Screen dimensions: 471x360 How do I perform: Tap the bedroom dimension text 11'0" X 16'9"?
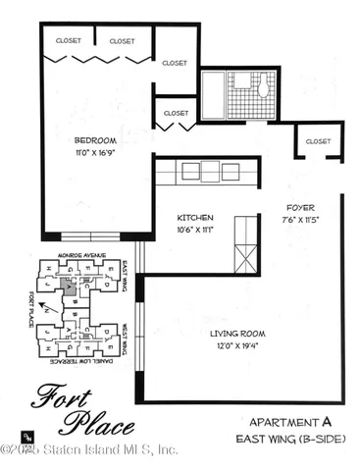94,152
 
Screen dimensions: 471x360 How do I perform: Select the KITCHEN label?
195,218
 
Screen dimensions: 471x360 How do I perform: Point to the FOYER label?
299,208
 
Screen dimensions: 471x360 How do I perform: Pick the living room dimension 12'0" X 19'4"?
239,346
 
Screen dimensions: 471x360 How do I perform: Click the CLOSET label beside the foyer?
318,141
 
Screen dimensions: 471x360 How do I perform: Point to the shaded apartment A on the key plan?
67,288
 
